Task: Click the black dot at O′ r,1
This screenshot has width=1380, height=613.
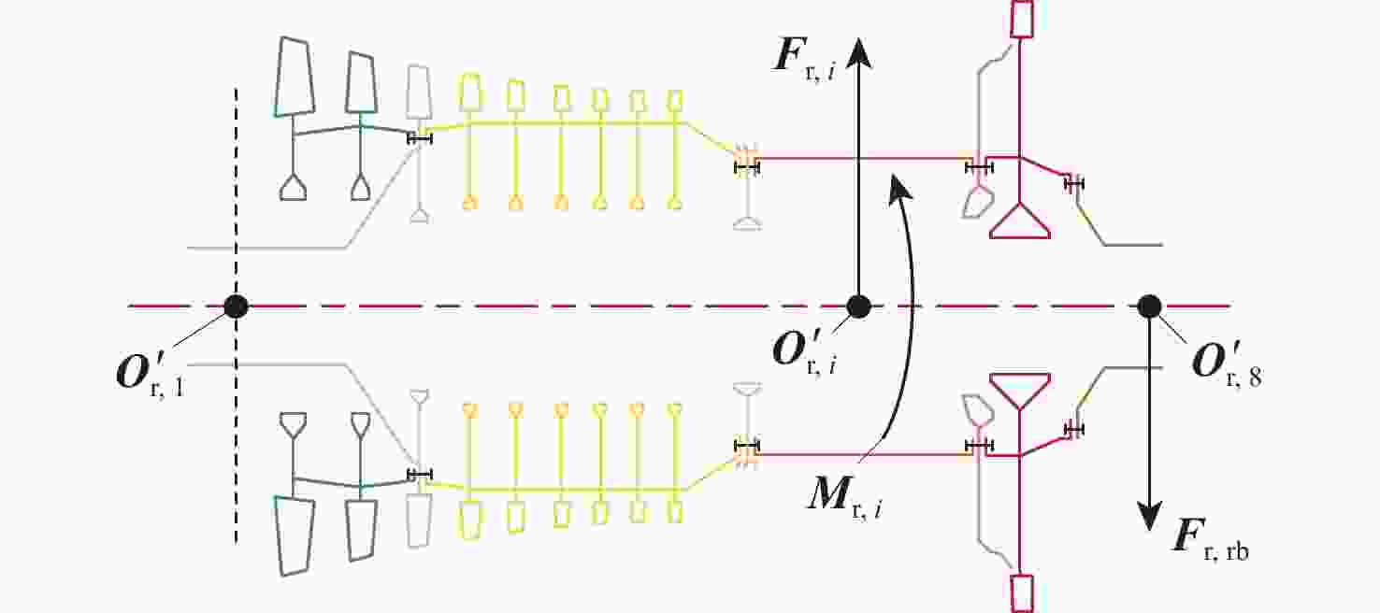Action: pos(236,306)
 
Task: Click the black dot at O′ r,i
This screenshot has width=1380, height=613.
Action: pos(858,306)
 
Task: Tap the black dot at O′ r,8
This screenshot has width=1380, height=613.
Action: pos(1148,306)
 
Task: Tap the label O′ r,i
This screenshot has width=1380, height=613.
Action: pos(804,350)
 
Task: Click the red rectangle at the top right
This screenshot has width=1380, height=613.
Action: pos(1022,19)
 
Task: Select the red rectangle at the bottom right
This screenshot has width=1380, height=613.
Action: pos(1022,592)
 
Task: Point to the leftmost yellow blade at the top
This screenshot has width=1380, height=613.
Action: pos(470,92)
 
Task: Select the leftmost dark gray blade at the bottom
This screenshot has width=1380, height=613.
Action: pos(292,535)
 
